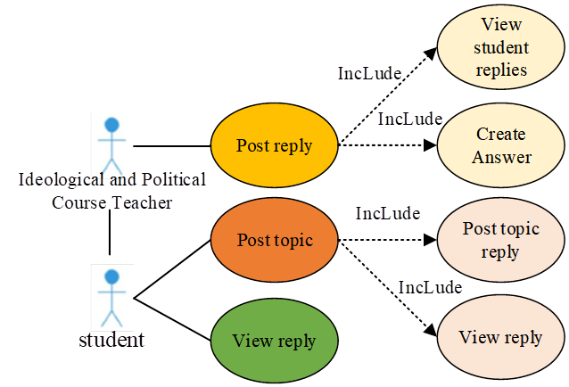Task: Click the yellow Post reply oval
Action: point(274,145)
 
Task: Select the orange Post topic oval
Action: point(274,241)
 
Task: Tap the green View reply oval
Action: point(274,341)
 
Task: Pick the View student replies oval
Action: point(500,46)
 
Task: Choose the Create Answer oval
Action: point(500,145)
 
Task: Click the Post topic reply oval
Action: point(500,240)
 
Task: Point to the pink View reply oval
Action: point(500,337)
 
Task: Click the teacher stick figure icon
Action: point(111,143)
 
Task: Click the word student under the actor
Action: point(111,340)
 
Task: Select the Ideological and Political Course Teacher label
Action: point(111,191)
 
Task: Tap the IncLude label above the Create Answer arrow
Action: point(410,118)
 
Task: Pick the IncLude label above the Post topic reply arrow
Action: point(388,214)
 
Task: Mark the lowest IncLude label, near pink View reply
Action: point(430,287)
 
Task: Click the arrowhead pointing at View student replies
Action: point(431,54)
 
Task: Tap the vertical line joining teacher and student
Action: point(111,236)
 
